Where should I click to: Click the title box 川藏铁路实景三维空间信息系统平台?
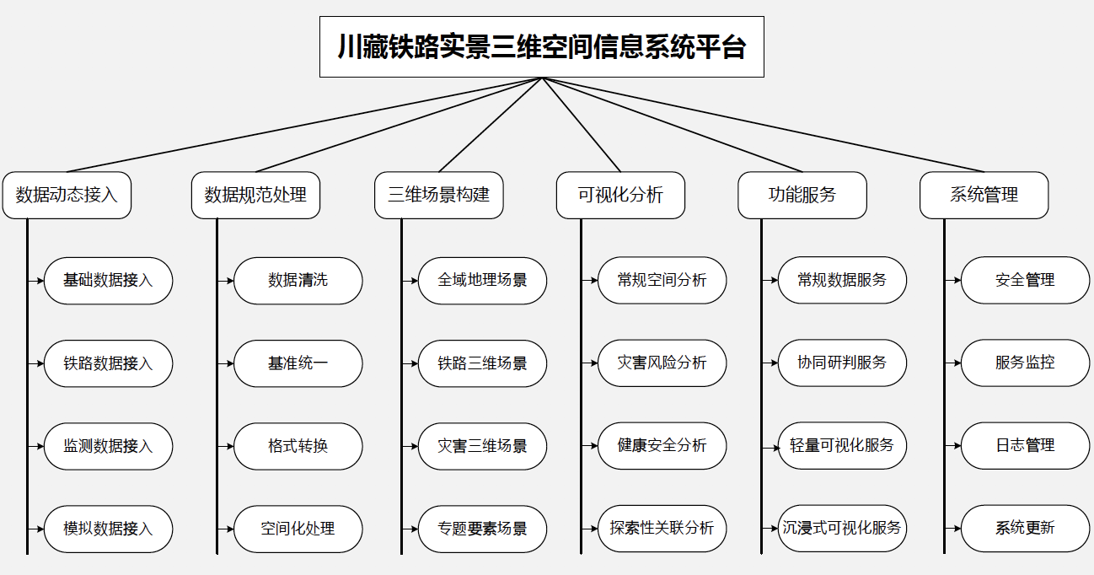click(542, 47)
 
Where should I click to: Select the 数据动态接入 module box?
click(67, 195)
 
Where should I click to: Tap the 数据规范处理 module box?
click(255, 195)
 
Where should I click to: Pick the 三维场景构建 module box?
click(438, 195)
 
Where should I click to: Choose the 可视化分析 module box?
click(620, 195)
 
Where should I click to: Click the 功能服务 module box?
click(802, 195)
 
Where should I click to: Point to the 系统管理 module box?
click(984, 195)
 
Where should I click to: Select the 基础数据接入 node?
click(108, 281)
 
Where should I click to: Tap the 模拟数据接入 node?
click(108, 529)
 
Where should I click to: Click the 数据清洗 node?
click(298, 281)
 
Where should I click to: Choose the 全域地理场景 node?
click(482, 281)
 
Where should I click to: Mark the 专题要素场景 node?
click(482, 529)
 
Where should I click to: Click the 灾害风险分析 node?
click(662, 363)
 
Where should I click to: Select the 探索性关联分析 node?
click(662, 529)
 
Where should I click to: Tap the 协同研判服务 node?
click(842, 363)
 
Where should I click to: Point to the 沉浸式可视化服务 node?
click(842, 529)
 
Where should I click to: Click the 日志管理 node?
click(1025, 446)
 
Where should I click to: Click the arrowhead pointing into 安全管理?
click(957, 281)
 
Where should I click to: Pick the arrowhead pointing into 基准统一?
click(231, 363)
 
